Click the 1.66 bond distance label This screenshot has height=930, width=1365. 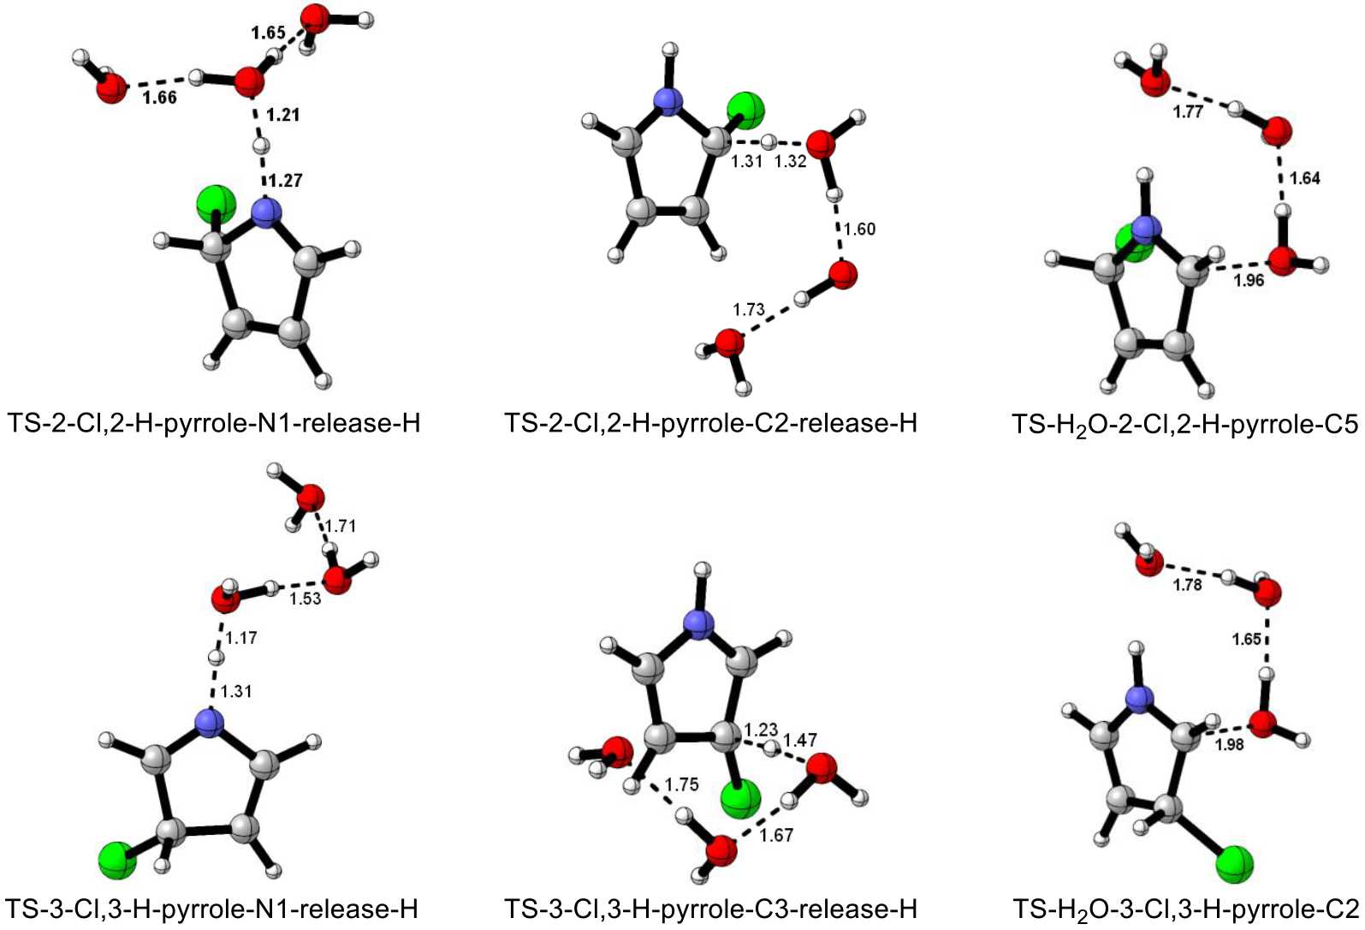(159, 98)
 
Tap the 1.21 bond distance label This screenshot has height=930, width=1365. (283, 115)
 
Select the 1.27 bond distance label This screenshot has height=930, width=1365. (286, 181)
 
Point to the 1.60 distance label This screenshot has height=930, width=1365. (859, 229)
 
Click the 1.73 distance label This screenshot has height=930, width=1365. (749, 309)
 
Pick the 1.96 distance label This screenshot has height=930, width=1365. (1249, 280)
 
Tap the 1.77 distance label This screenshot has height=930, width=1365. (1188, 112)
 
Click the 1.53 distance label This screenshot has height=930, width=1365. (305, 599)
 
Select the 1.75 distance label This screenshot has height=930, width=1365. (681, 784)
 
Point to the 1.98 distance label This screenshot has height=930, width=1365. (1229, 744)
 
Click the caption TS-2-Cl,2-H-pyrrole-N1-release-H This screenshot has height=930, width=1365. (214, 423)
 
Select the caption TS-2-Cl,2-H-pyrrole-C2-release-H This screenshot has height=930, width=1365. (710, 423)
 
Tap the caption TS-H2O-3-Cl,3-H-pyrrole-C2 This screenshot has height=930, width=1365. (1185, 909)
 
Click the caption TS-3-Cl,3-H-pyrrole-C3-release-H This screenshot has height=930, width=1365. (710, 909)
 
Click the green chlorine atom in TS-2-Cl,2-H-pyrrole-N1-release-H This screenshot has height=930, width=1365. (214, 204)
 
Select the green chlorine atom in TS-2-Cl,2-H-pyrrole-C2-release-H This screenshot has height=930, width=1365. (745, 111)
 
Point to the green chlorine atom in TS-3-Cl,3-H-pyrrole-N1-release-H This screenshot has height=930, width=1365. (116, 859)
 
